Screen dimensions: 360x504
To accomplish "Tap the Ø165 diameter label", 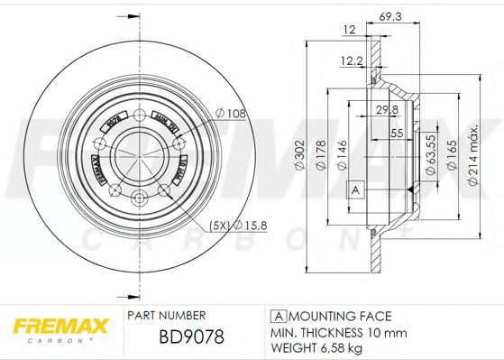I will [452, 145].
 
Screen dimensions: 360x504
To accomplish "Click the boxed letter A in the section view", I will [354, 189].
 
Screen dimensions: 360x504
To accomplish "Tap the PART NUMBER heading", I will [167, 315].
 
